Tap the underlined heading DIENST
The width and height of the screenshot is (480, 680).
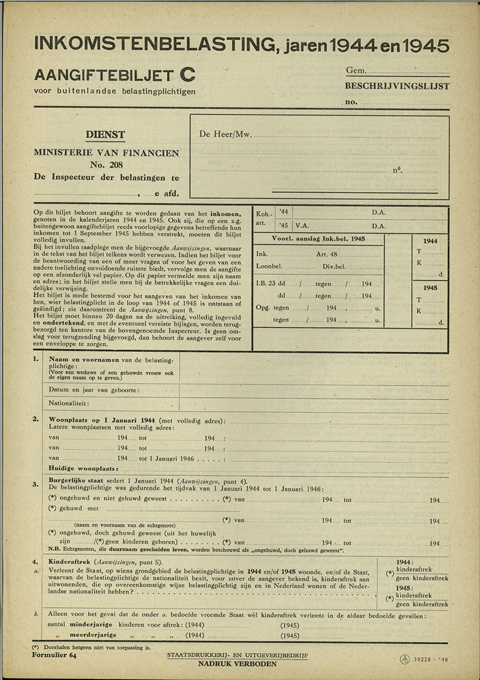pos(106,135)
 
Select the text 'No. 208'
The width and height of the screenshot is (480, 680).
pos(106,165)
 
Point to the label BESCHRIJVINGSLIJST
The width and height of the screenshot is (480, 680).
pos(397,86)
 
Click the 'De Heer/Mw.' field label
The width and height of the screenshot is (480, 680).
pos(225,134)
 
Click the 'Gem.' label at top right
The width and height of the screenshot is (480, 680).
pos(356,71)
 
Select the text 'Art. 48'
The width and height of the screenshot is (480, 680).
pos(327,254)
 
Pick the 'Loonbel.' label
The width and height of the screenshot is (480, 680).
pos(268,267)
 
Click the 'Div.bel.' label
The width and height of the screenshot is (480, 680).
pos(334,267)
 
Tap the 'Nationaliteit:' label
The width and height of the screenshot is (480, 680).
pos(69,403)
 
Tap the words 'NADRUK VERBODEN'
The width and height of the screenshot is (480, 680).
pos(237,664)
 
